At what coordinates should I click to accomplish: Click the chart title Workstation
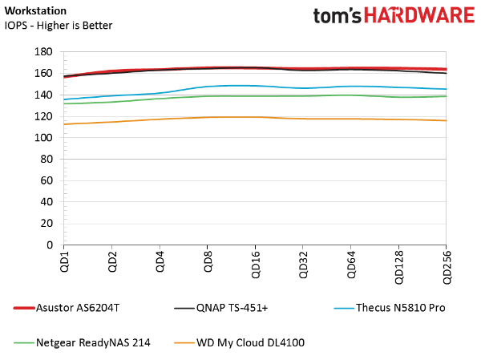35,10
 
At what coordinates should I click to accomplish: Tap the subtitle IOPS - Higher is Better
59,26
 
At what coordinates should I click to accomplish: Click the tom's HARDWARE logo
394,15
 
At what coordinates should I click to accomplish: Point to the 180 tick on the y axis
43,52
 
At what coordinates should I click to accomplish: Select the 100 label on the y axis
43,138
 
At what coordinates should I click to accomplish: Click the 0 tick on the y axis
50,245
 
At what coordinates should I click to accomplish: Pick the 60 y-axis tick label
46,180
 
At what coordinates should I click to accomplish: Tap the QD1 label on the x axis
64,261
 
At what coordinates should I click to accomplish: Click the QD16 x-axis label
255,265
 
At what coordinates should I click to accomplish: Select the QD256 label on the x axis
447,268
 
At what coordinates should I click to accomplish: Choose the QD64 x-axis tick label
351,265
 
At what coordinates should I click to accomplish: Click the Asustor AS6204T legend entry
67,308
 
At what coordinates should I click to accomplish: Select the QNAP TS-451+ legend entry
221,308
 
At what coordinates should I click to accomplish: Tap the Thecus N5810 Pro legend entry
390,308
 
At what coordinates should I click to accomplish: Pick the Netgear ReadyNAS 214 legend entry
82,343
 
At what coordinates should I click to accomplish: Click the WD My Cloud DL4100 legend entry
239,343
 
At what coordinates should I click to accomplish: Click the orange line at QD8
208,117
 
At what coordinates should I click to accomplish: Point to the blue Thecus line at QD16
255,86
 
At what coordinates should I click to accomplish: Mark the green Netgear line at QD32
303,96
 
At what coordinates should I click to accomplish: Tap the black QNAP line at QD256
446,73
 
